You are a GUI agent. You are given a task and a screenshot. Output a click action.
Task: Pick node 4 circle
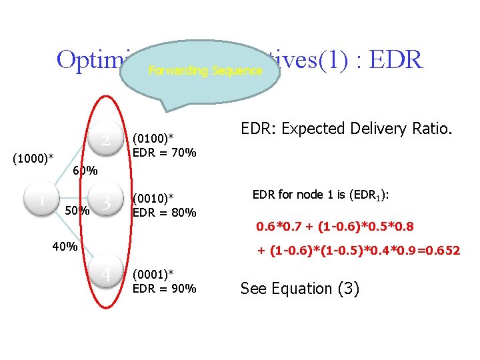(105, 274)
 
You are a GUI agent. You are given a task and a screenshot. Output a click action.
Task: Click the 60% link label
(85, 171)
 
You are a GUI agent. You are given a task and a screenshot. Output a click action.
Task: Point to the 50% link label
(77, 212)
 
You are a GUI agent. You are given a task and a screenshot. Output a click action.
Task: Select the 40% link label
(65, 247)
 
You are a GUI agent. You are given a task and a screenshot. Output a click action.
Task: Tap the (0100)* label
(154, 138)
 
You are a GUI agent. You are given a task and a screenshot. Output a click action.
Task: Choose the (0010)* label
(154, 198)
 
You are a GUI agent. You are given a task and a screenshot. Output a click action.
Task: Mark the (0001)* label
(154, 274)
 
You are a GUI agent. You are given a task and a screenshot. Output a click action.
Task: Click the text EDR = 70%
(165, 153)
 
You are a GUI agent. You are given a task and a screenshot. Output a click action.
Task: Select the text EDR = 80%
(165, 213)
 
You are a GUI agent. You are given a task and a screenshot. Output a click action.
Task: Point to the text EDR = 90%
(165, 289)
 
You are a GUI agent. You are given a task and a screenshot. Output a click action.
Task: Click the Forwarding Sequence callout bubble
(200, 70)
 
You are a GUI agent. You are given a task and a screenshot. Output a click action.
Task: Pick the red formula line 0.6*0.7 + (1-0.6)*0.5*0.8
(335, 227)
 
